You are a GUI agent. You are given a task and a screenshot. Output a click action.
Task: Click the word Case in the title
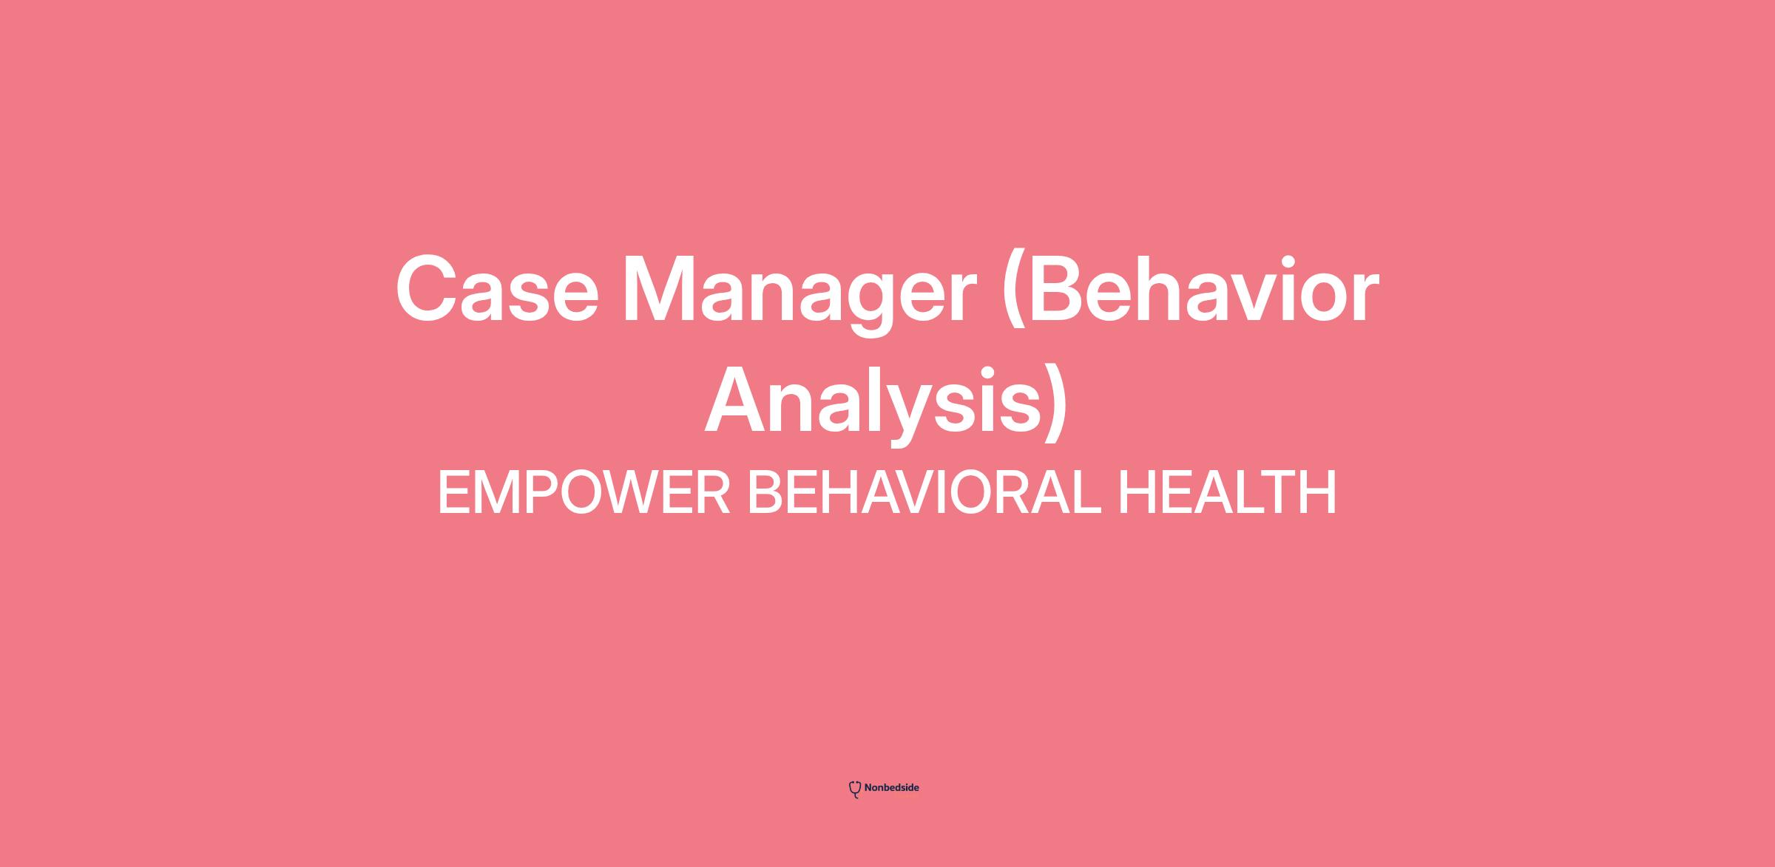497,290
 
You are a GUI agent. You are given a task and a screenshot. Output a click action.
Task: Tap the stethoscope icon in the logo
855,789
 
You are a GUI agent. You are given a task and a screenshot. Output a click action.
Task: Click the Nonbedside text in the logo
891,788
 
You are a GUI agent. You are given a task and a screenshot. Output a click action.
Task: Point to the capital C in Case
430,290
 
